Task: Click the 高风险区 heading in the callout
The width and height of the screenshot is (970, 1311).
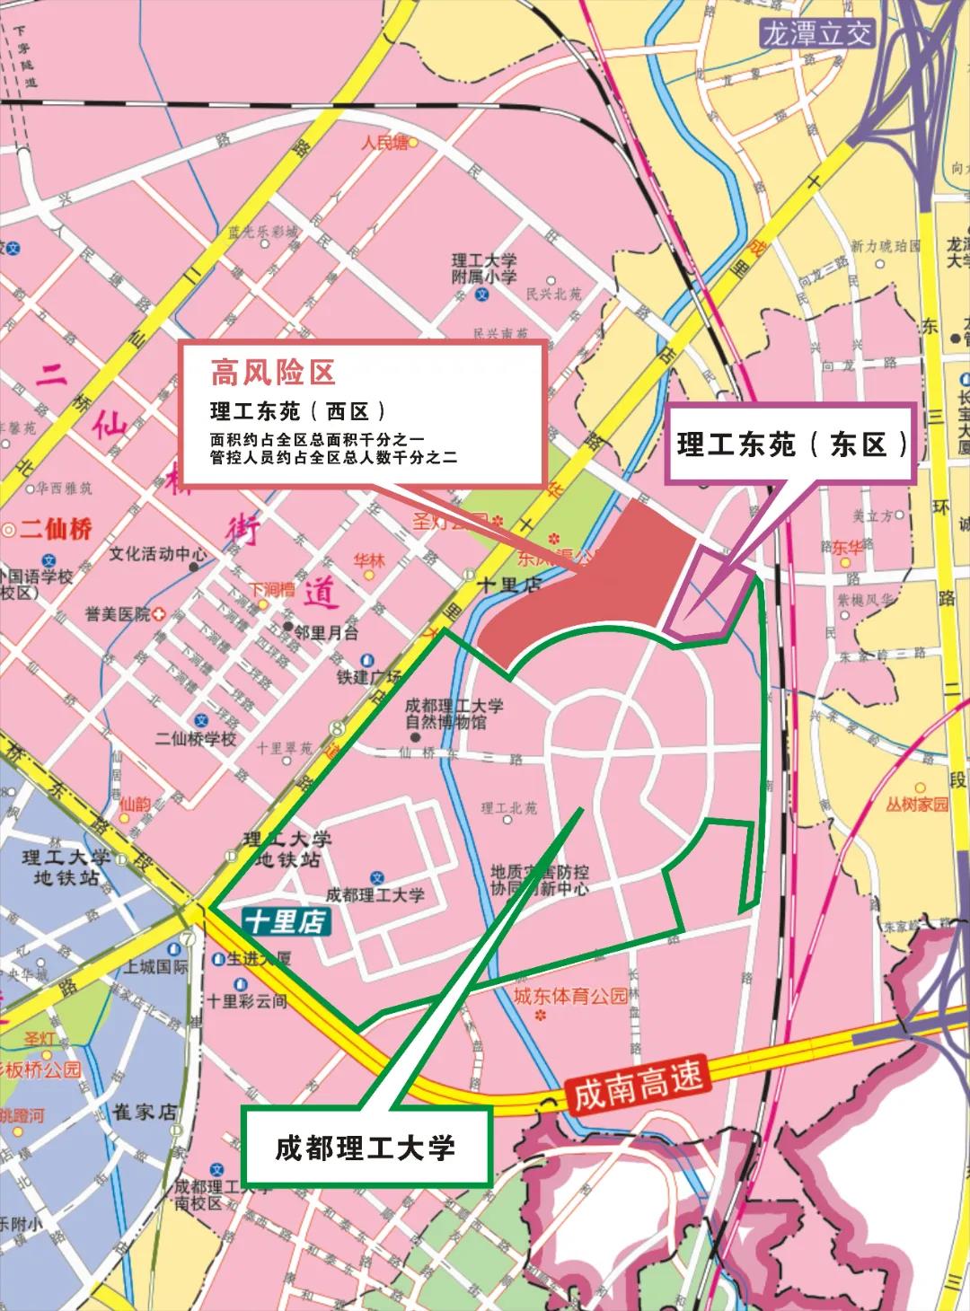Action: click(273, 371)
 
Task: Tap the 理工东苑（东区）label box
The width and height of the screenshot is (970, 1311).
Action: click(790, 444)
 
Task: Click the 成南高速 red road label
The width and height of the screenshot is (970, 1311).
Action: click(638, 1083)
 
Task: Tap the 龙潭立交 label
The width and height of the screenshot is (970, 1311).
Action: click(816, 34)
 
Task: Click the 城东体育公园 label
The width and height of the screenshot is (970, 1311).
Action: click(570, 996)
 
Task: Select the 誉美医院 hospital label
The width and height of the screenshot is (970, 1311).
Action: click(119, 614)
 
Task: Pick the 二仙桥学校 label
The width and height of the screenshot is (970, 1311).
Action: click(196, 738)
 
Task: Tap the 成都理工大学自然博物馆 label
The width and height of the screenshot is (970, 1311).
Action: click(454, 714)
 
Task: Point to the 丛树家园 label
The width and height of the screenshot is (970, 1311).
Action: click(916, 804)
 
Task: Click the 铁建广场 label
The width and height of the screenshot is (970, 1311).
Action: click(369, 677)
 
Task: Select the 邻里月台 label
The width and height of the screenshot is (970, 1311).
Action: click(325, 632)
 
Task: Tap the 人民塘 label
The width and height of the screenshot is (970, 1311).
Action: click(384, 142)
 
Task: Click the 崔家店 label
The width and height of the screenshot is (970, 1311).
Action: click(145, 1112)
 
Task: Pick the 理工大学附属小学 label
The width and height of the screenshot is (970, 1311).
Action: click(484, 268)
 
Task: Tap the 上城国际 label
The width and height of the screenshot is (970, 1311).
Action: click(156, 967)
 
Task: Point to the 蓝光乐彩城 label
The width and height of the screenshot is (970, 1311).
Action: click(262, 232)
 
